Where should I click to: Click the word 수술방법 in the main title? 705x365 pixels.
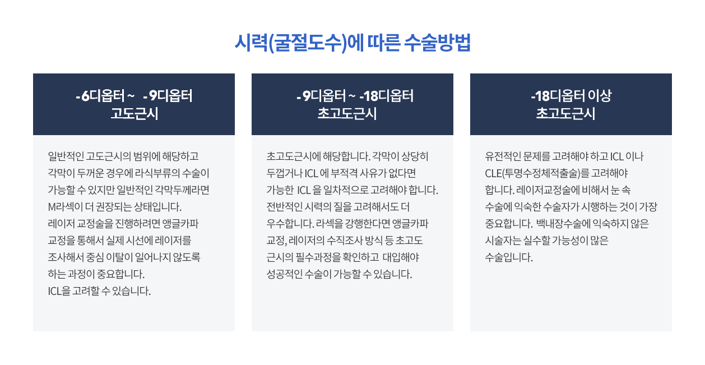[437, 43]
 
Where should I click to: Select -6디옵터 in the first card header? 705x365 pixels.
[100, 96]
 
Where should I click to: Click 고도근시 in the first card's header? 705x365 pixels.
[134, 113]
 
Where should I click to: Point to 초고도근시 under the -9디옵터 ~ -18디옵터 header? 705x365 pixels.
[347, 113]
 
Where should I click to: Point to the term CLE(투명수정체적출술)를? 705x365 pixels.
[537, 173]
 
